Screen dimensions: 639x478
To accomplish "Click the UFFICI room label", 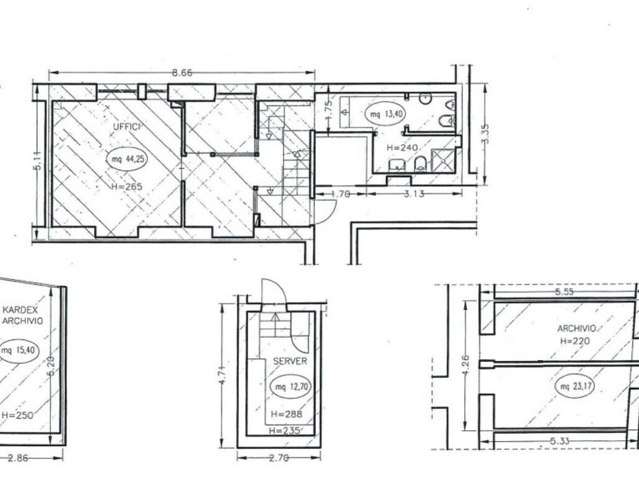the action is tap(127, 127).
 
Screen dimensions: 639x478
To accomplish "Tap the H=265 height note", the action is tap(127, 187).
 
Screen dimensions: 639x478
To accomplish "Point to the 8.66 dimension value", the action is tap(182, 73).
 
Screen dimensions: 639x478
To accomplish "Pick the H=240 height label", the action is tap(402, 148).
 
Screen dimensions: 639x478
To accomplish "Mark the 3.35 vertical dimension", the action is tap(485, 133).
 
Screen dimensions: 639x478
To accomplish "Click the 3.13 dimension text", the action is tap(414, 194).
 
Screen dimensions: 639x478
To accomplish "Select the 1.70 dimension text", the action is tap(341, 194).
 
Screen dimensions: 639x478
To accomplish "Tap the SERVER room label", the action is tap(290, 361).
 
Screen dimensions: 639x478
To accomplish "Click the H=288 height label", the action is tap(287, 415).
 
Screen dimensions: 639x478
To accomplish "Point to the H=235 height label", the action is tap(285, 430).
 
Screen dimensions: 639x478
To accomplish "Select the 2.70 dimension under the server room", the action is tap(279, 458).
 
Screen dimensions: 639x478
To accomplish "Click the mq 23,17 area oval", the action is tap(574, 386).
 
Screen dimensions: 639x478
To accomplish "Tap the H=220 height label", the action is tap(575, 341).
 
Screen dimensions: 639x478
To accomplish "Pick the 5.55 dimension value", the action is tap(565, 292).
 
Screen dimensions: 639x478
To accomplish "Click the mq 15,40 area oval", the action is tap(19, 351).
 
